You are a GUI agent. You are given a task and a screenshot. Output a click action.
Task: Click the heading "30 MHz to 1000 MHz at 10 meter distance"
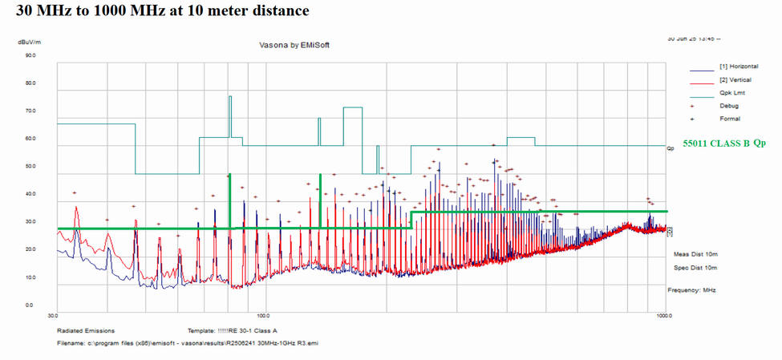point(156,11)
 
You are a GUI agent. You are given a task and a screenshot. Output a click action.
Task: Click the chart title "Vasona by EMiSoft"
point(294,45)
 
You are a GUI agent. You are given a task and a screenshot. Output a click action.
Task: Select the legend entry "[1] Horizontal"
point(739,66)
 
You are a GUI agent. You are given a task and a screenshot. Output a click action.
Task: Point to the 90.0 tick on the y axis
point(30,56)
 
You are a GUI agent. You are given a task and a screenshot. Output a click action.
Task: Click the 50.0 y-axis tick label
point(30,167)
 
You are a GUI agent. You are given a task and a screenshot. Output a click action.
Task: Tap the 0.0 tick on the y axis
point(29,305)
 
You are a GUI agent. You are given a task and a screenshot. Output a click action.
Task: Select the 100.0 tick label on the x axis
point(262,315)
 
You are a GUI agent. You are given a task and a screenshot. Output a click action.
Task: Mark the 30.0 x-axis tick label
point(55,315)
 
